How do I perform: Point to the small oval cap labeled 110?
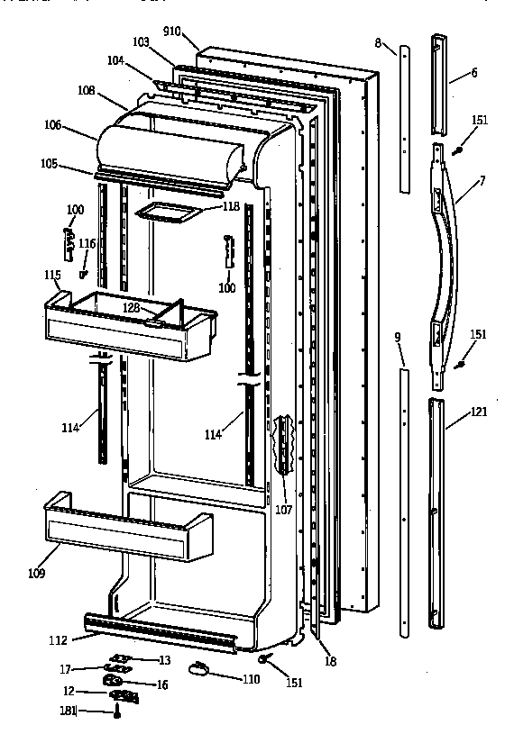point(199,667)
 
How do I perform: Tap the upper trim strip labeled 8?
point(402,117)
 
